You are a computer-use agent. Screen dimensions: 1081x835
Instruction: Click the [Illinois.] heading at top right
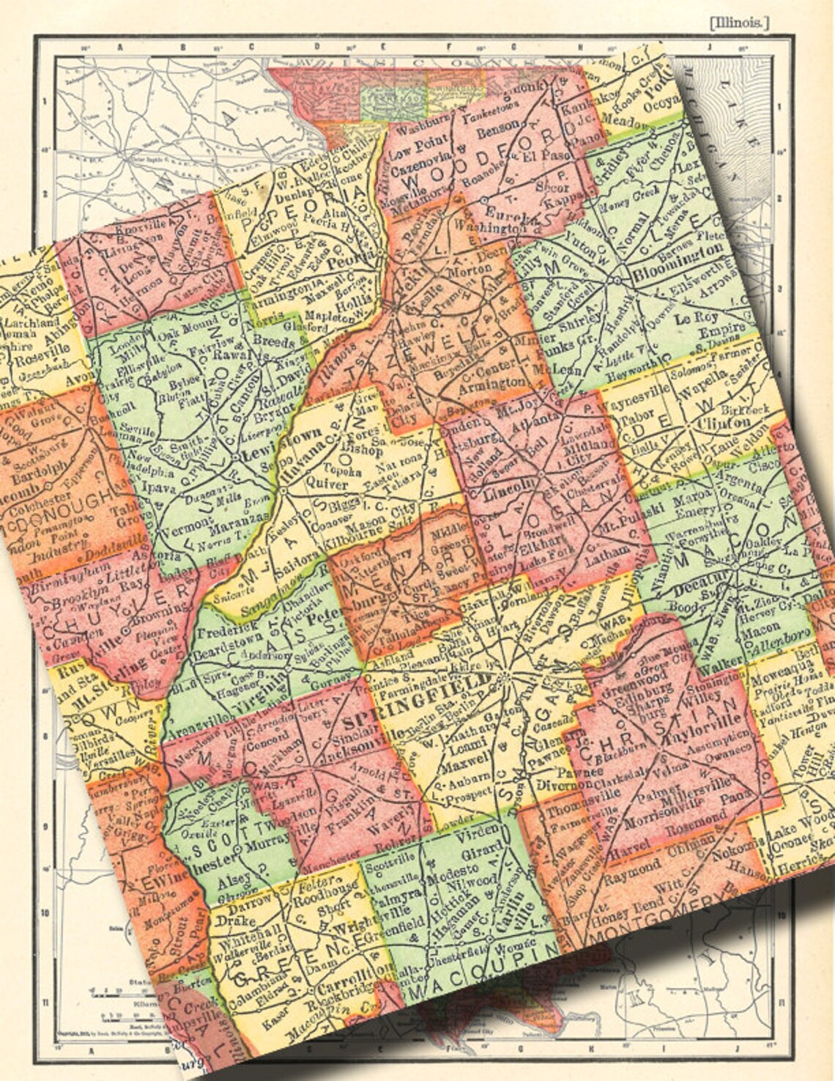[739, 23]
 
